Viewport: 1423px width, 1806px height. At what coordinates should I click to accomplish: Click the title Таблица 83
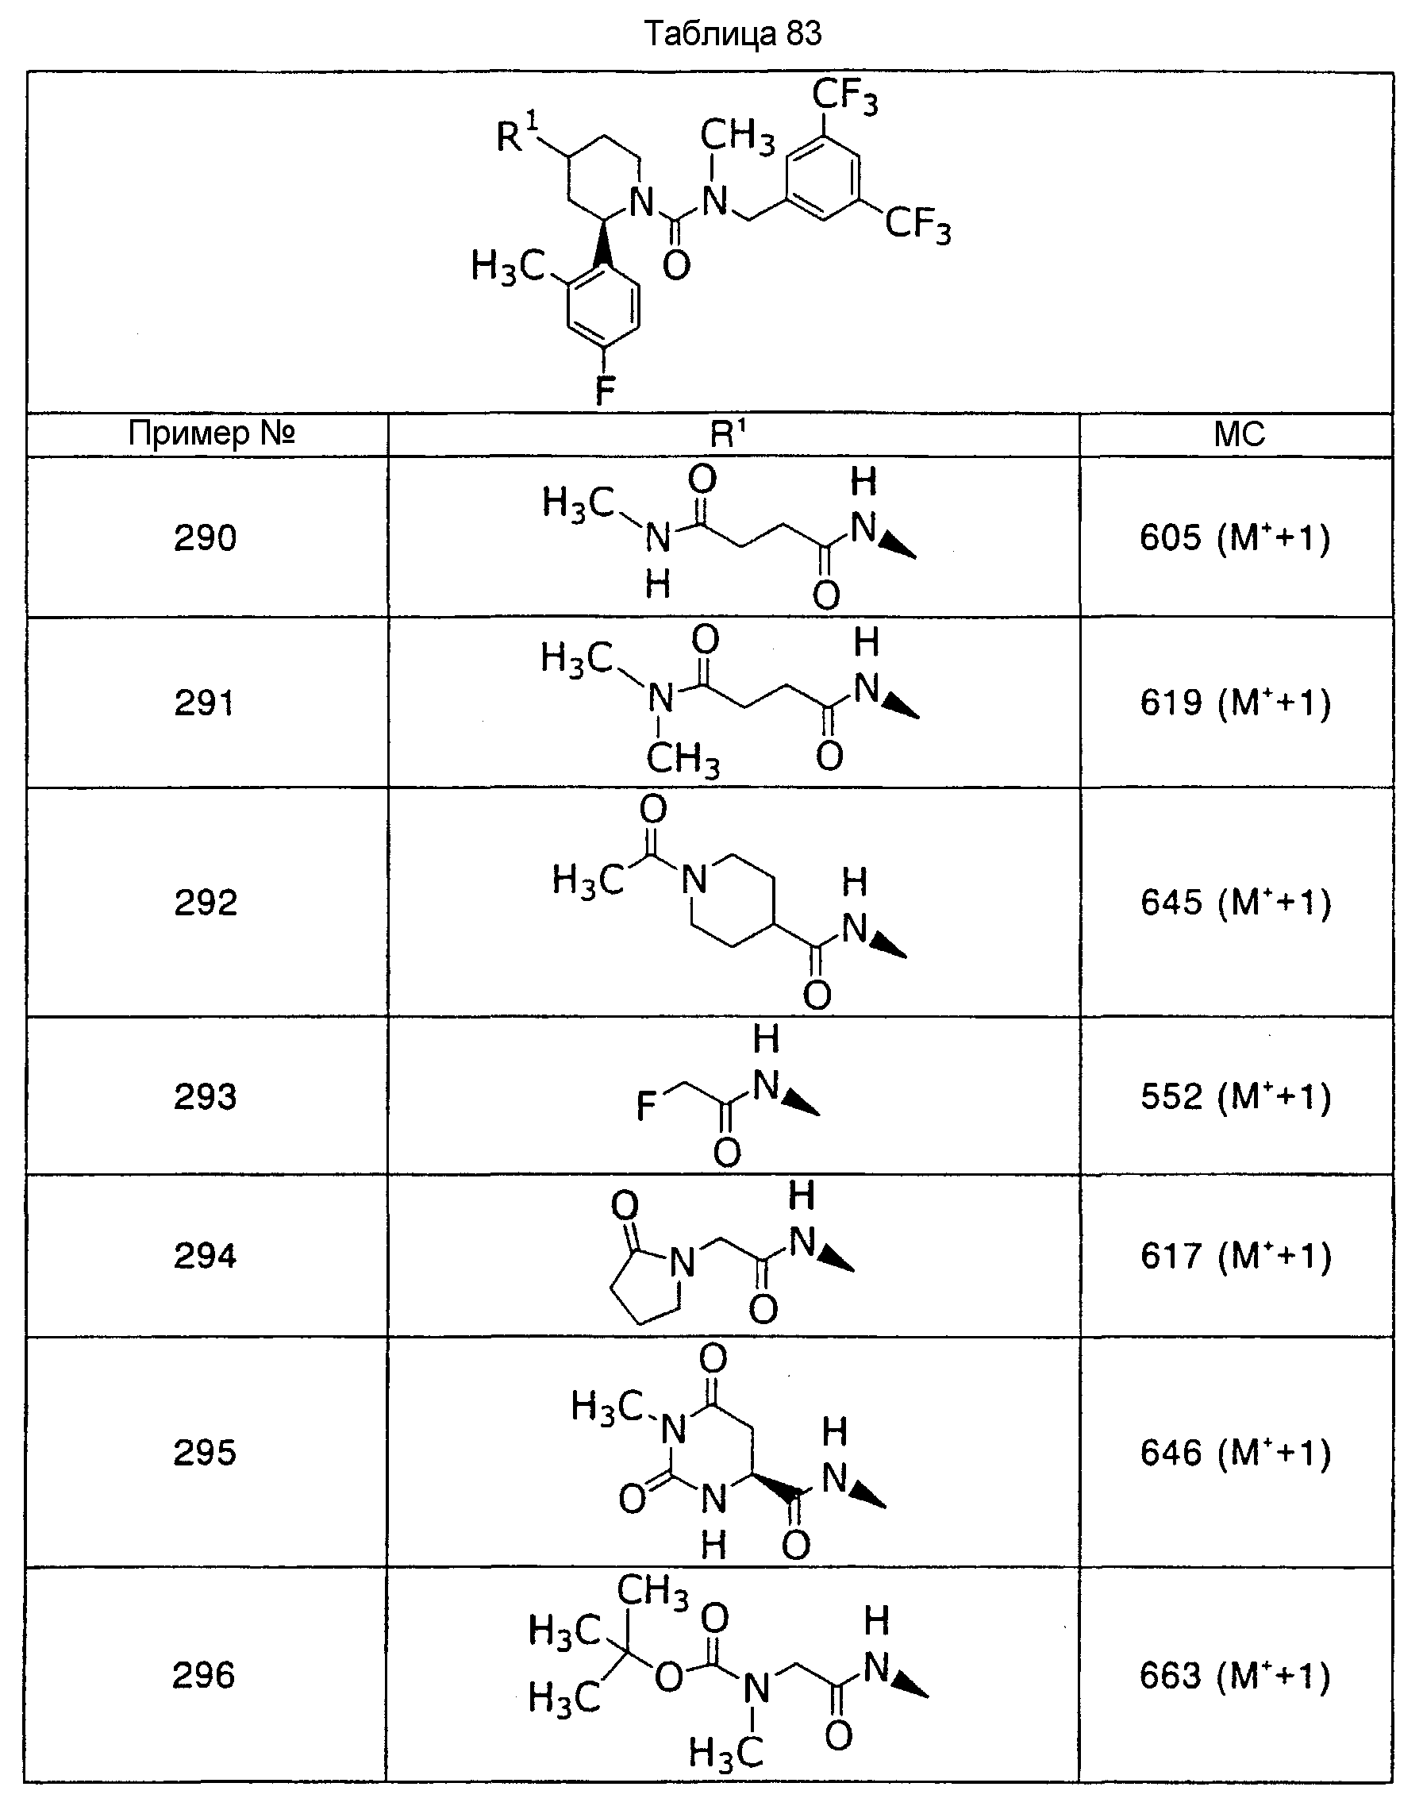(733, 34)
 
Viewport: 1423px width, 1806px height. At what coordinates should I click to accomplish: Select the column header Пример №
(212, 433)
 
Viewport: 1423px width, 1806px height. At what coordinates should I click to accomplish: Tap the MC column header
(1239, 434)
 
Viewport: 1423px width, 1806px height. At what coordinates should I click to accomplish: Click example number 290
(205, 537)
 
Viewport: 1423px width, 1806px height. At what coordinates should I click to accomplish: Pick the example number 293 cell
(205, 1096)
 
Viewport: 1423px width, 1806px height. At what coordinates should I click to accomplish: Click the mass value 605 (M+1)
(1236, 537)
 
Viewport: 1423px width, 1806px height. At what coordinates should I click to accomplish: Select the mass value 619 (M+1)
(1236, 703)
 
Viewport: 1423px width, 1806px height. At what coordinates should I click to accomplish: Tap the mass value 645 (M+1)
(1236, 902)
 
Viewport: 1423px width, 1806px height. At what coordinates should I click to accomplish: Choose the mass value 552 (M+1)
(1236, 1096)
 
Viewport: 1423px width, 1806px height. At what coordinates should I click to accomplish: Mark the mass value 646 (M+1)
(1236, 1453)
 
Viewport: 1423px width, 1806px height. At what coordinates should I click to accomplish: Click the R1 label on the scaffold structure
(517, 133)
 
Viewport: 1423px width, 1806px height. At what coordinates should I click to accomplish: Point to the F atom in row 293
(647, 1107)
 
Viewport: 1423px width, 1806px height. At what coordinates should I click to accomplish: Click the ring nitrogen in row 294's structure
(683, 1264)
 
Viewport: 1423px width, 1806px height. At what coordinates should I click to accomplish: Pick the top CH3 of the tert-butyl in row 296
(652, 1589)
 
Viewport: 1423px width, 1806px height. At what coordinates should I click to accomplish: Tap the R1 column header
(728, 433)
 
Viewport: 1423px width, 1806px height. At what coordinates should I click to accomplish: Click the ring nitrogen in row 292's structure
(693, 880)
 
